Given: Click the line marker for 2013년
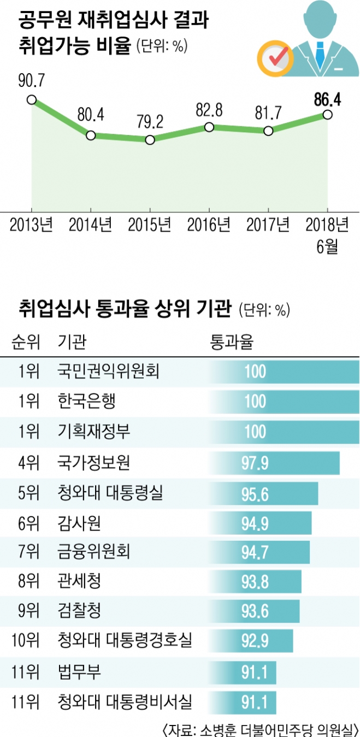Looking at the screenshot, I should pos(32,99).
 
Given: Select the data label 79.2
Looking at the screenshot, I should pos(149,121).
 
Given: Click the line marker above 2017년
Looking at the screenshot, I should pos(268,131).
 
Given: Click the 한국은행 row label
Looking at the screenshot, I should pos(86,402).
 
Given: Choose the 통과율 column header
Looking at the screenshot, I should pos(232,343).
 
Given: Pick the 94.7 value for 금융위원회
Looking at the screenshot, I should pos(255,552).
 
